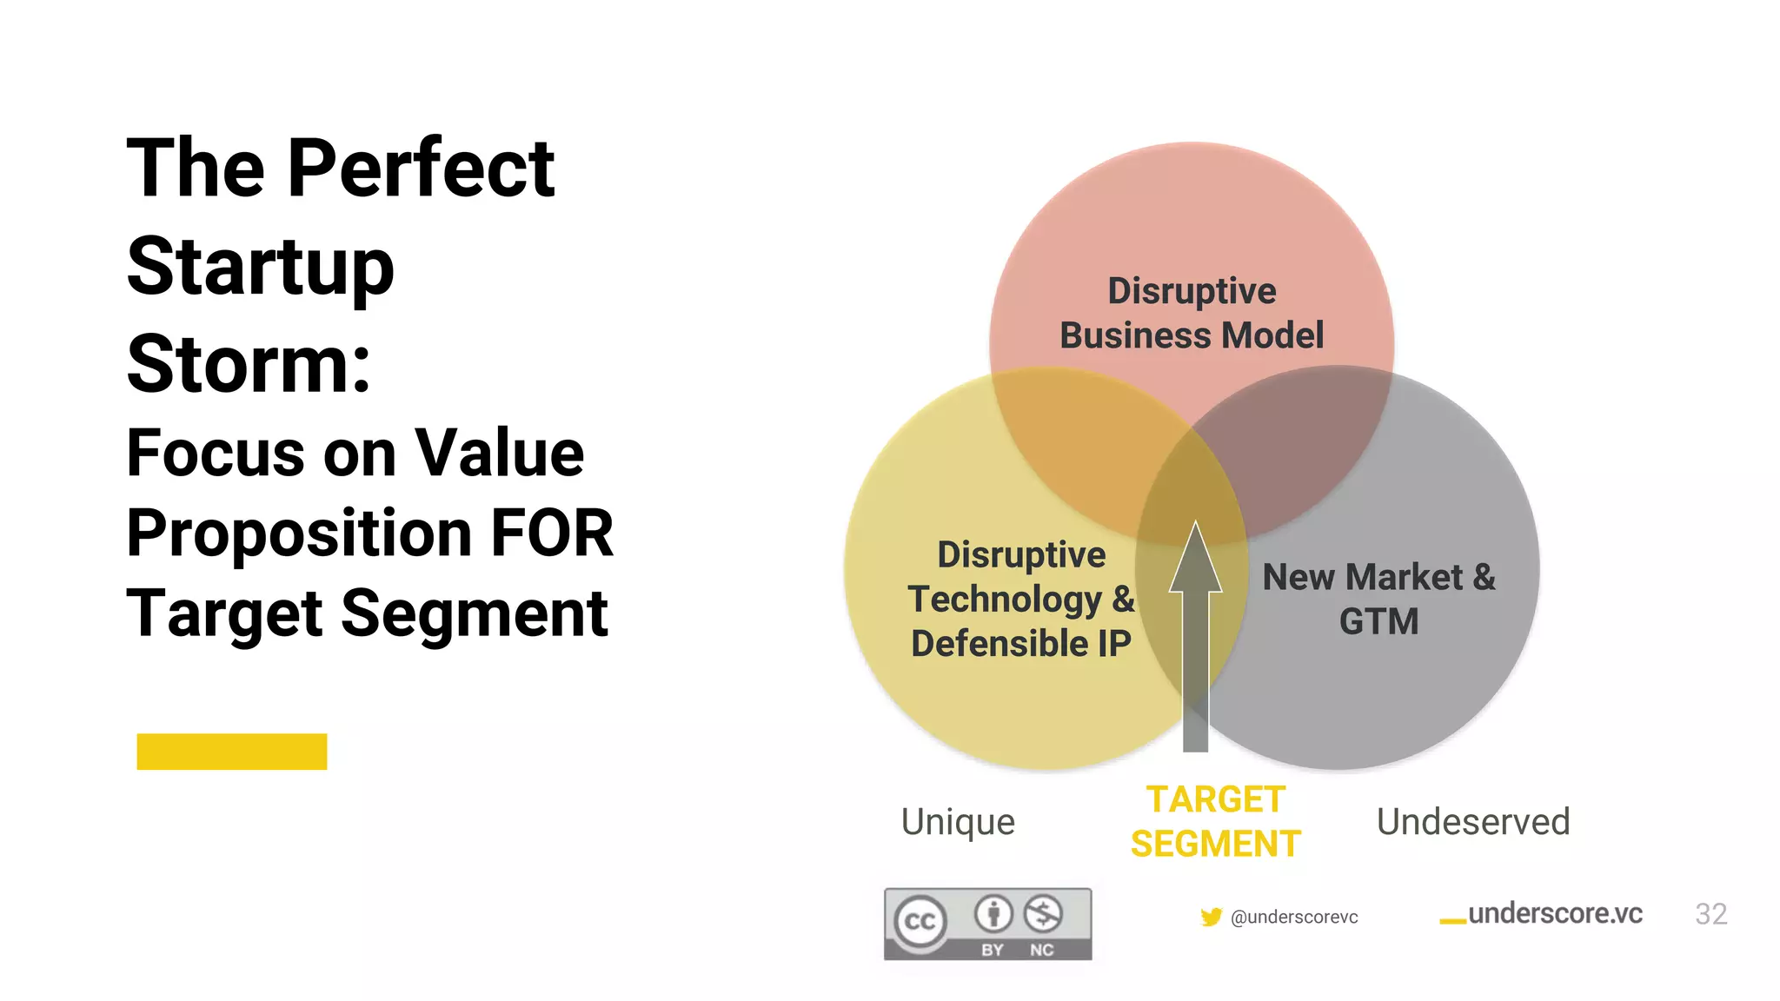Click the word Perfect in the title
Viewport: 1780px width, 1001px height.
421,169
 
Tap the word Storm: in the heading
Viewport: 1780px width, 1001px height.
249,364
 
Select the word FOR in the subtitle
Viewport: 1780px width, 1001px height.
553,533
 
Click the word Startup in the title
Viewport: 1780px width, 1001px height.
261,267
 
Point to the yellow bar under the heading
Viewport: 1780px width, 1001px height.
232,752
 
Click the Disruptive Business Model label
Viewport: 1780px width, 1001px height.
1192,313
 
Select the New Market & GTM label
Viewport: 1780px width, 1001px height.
1378,600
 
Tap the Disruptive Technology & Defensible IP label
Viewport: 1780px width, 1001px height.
1021,600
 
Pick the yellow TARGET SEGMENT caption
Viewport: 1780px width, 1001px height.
1215,822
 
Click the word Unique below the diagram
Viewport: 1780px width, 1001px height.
958,822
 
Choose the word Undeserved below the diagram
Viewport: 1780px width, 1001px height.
1473,822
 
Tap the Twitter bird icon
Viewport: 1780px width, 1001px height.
1211,918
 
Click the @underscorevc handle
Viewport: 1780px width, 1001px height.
1294,918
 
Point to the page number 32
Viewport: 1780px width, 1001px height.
1710,914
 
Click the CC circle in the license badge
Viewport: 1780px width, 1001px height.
920,921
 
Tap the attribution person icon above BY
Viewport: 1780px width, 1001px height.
993,914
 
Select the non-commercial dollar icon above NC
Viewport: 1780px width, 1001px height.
1042,914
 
